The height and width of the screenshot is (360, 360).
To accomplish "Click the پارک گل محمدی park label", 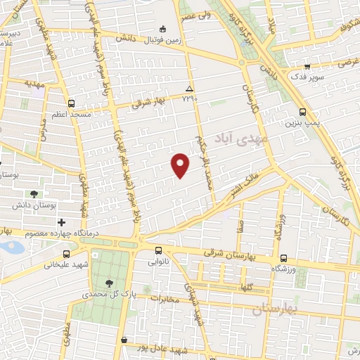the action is tap(105, 294).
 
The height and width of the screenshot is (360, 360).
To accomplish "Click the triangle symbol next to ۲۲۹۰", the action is tap(188, 88).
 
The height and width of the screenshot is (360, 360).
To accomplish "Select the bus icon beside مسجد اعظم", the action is tap(72, 103).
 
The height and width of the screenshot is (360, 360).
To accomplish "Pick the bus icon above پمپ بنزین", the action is tap(303, 112).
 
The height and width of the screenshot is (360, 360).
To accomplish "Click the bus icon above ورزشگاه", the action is tap(283, 258).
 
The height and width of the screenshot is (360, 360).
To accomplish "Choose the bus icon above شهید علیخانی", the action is tap(67, 254).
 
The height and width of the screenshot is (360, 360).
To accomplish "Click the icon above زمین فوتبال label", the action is tap(163, 29).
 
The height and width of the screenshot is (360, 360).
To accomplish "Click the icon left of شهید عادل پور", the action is tap(124, 340).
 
